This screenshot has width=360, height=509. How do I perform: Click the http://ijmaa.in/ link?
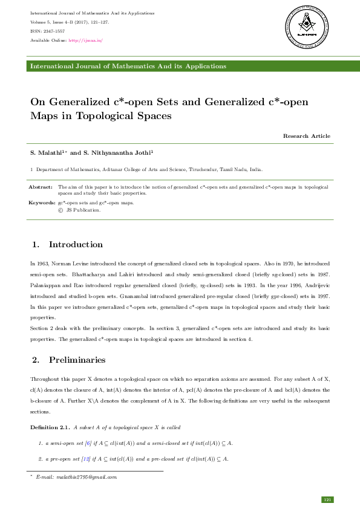pyautogui.click(x=85, y=40)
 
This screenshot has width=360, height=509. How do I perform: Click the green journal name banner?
pyautogui.click(x=180, y=65)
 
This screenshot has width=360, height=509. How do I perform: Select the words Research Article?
pyautogui.click(x=307, y=136)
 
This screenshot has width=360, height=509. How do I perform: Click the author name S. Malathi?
pyautogui.click(x=47, y=154)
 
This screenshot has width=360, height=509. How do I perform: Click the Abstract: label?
pyautogui.click(x=41, y=187)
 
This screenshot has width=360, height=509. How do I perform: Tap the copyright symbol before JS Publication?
pyautogui.click(x=60, y=210)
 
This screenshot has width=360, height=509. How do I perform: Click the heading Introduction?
pyautogui.click(x=76, y=245)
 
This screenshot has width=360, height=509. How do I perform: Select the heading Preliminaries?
pyautogui.click(x=77, y=360)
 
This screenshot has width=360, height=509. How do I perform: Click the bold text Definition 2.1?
pyautogui.click(x=50, y=427)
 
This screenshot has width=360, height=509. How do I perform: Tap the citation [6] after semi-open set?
pyautogui.click(x=88, y=443)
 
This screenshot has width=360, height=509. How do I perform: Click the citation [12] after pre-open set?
pyautogui.click(x=87, y=459)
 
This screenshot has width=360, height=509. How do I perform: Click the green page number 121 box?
pyautogui.click(x=327, y=499)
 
